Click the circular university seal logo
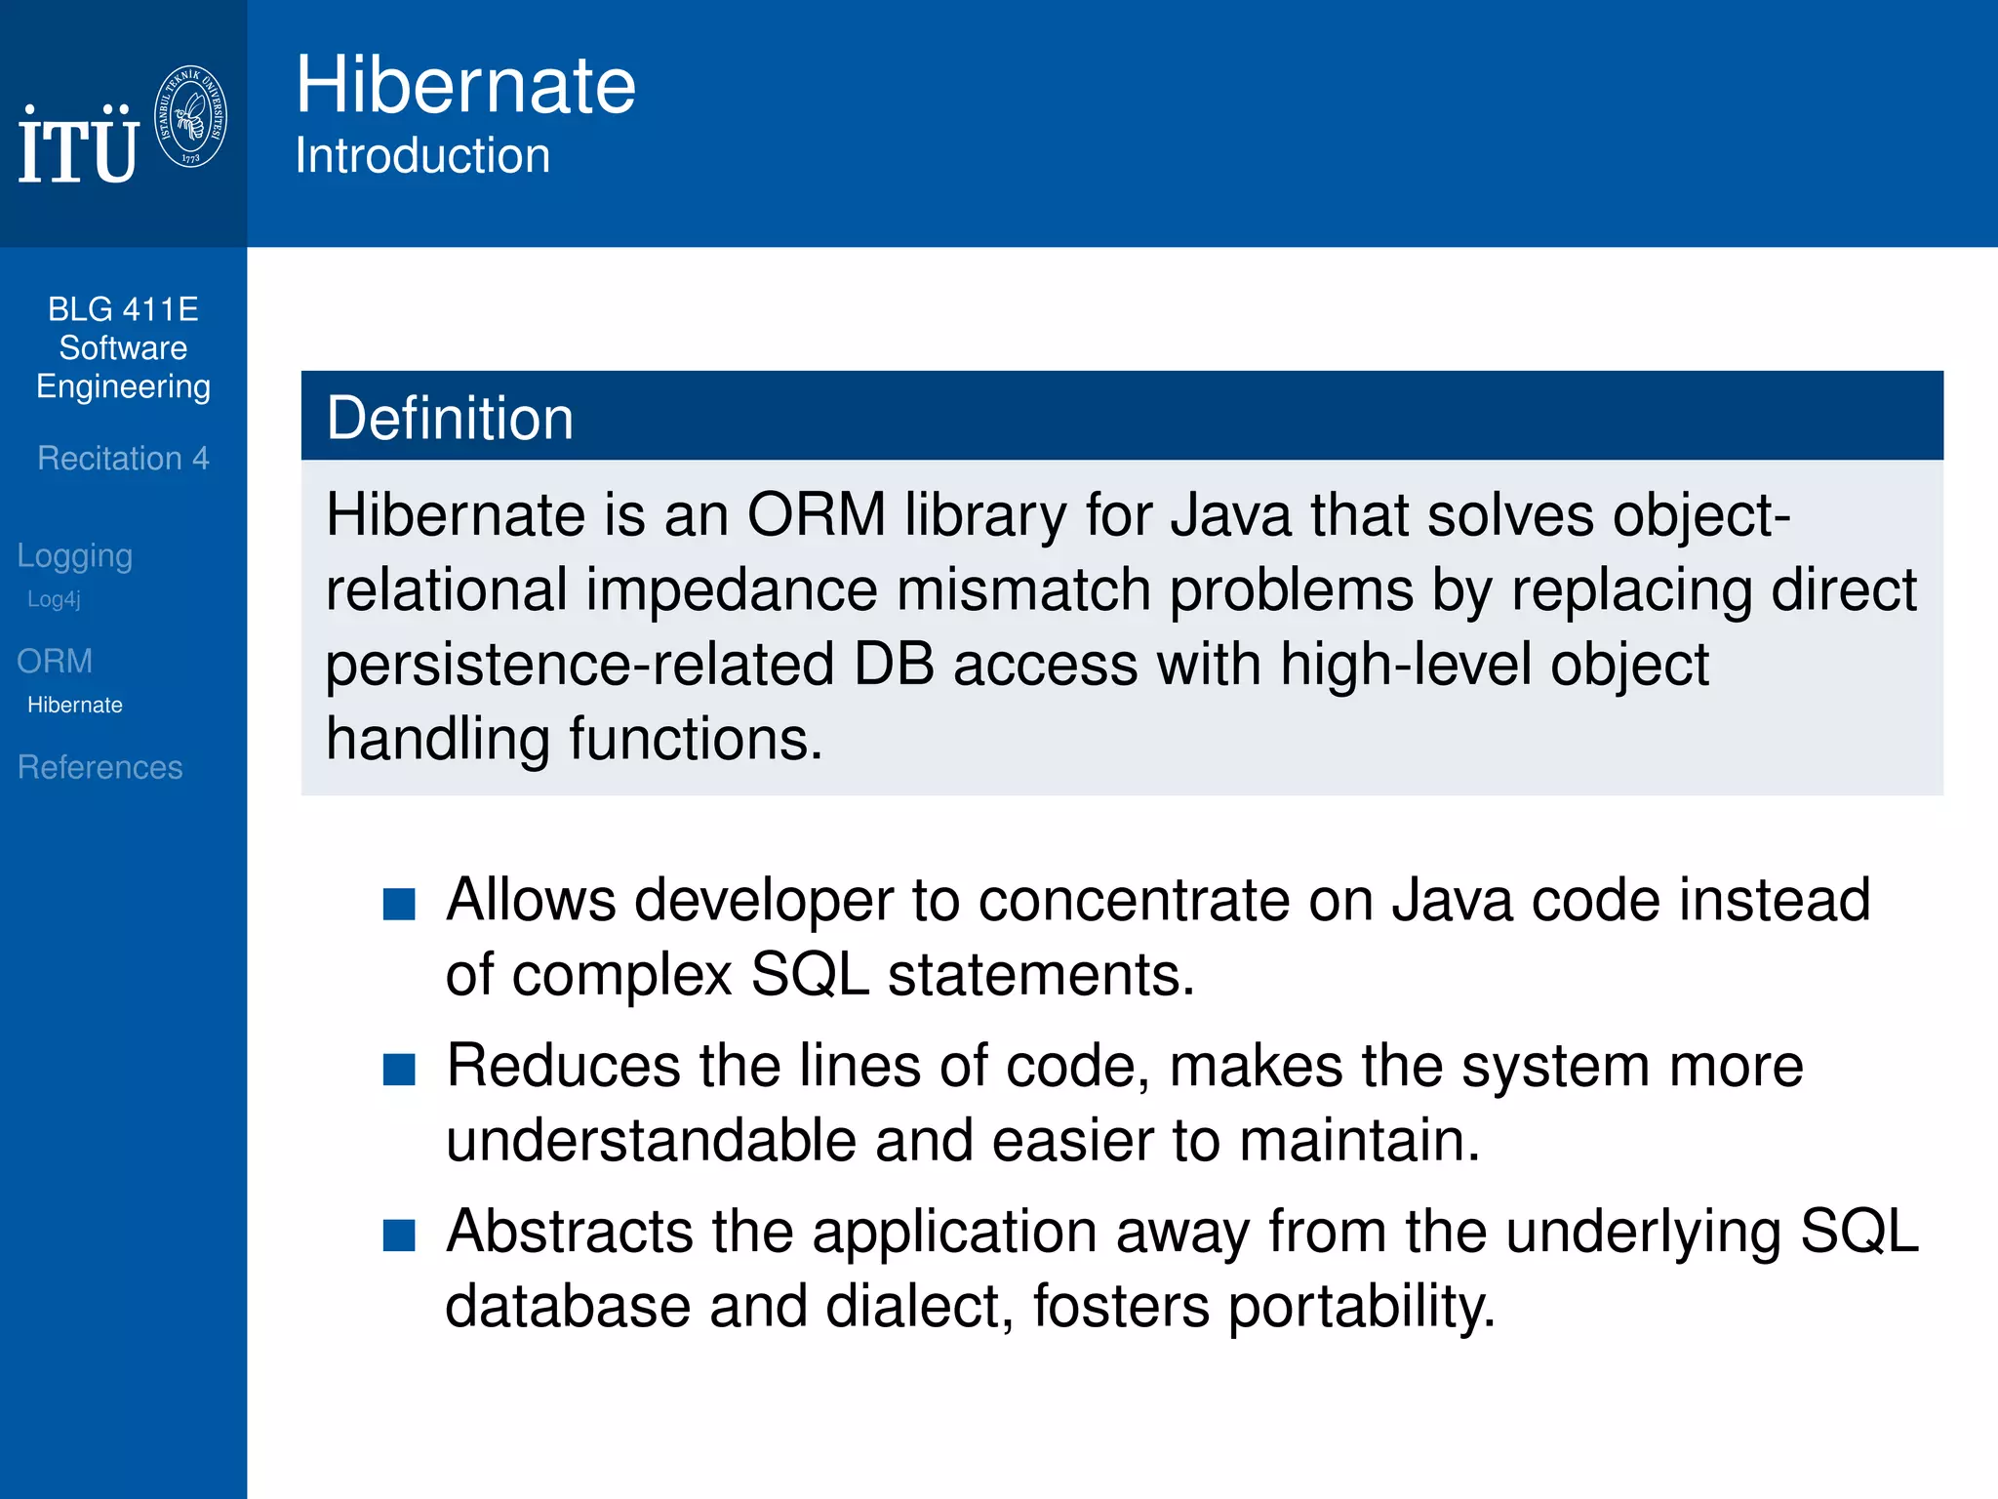click(191, 116)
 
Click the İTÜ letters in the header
click(78, 147)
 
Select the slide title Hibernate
click(465, 86)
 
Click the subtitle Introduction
click(422, 156)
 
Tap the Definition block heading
click(450, 418)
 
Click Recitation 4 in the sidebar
click(123, 458)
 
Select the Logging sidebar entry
click(75, 555)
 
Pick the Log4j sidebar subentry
click(54, 599)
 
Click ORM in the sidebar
click(55, 661)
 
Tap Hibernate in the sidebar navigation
click(75, 705)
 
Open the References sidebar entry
click(100, 767)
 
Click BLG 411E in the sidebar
click(123, 309)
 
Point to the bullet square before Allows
click(399, 904)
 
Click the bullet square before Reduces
click(399, 1070)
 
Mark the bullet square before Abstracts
click(399, 1236)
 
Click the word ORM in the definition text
click(817, 514)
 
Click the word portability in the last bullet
click(1361, 1306)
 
